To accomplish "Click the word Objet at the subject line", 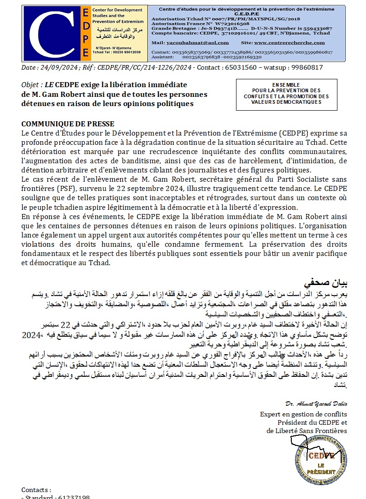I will point(30,85).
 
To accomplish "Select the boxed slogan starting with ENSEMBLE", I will point(286,94).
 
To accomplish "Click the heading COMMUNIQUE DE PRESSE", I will point(68,124).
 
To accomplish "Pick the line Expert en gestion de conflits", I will point(303,415).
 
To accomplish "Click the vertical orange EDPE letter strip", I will point(85,33).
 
